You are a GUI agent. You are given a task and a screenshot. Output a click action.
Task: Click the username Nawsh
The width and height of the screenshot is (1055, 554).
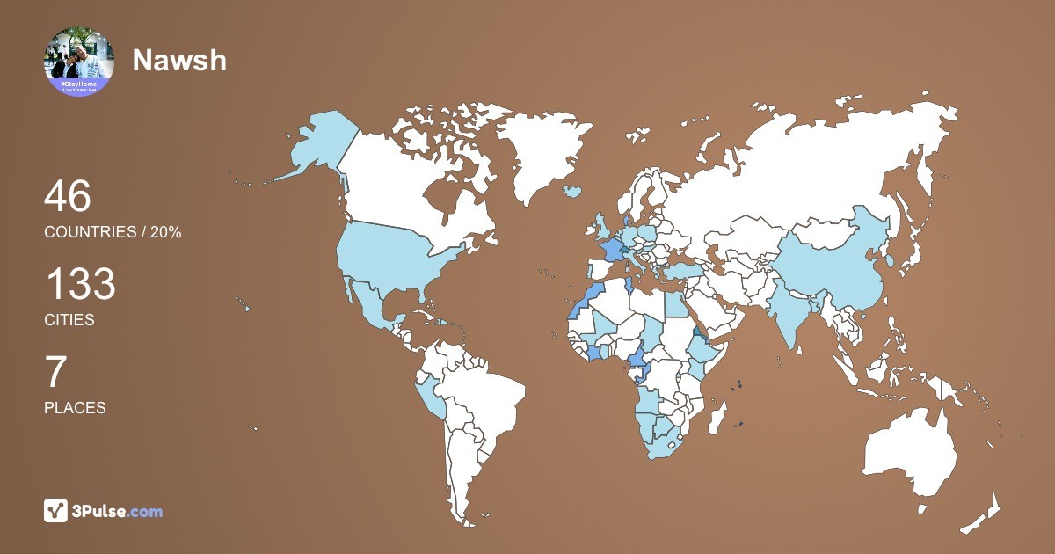pyautogui.click(x=179, y=60)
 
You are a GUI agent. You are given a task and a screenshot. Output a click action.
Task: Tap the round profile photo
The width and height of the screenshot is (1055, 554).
pyautogui.click(x=79, y=61)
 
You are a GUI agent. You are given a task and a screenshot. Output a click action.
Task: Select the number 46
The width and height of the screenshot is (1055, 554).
pyautogui.click(x=68, y=196)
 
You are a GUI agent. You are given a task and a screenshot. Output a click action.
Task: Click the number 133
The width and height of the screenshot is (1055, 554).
pyautogui.click(x=80, y=285)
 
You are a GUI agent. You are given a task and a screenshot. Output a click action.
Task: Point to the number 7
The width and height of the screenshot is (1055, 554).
pyautogui.click(x=55, y=373)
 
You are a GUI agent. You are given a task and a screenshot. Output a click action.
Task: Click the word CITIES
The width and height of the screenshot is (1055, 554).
pyautogui.click(x=69, y=320)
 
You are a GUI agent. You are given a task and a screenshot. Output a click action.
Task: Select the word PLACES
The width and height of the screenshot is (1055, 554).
pyautogui.click(x=75, y=408)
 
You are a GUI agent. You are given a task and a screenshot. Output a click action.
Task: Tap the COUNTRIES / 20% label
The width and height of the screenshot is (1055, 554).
pyautogui.click(x=113, y=232)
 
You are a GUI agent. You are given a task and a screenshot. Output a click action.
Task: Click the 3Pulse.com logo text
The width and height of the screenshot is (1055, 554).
pyautogui.click(x=119, y=511)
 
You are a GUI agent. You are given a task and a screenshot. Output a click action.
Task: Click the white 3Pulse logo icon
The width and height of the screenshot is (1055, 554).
pyautogui.click(x=56, y=510)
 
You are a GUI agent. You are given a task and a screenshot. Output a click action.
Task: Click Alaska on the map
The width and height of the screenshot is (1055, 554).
pyautogui.click(x=316, y=145)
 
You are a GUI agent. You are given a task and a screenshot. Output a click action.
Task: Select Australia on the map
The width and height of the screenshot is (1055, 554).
pyautogui.click(x=910, y=448)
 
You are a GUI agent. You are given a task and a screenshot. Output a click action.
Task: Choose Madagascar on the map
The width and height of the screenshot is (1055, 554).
pyautogui.click(x=719, y=417)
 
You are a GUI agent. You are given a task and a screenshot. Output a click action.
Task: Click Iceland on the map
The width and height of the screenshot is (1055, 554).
pyautogui.click(x=573, y=190)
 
